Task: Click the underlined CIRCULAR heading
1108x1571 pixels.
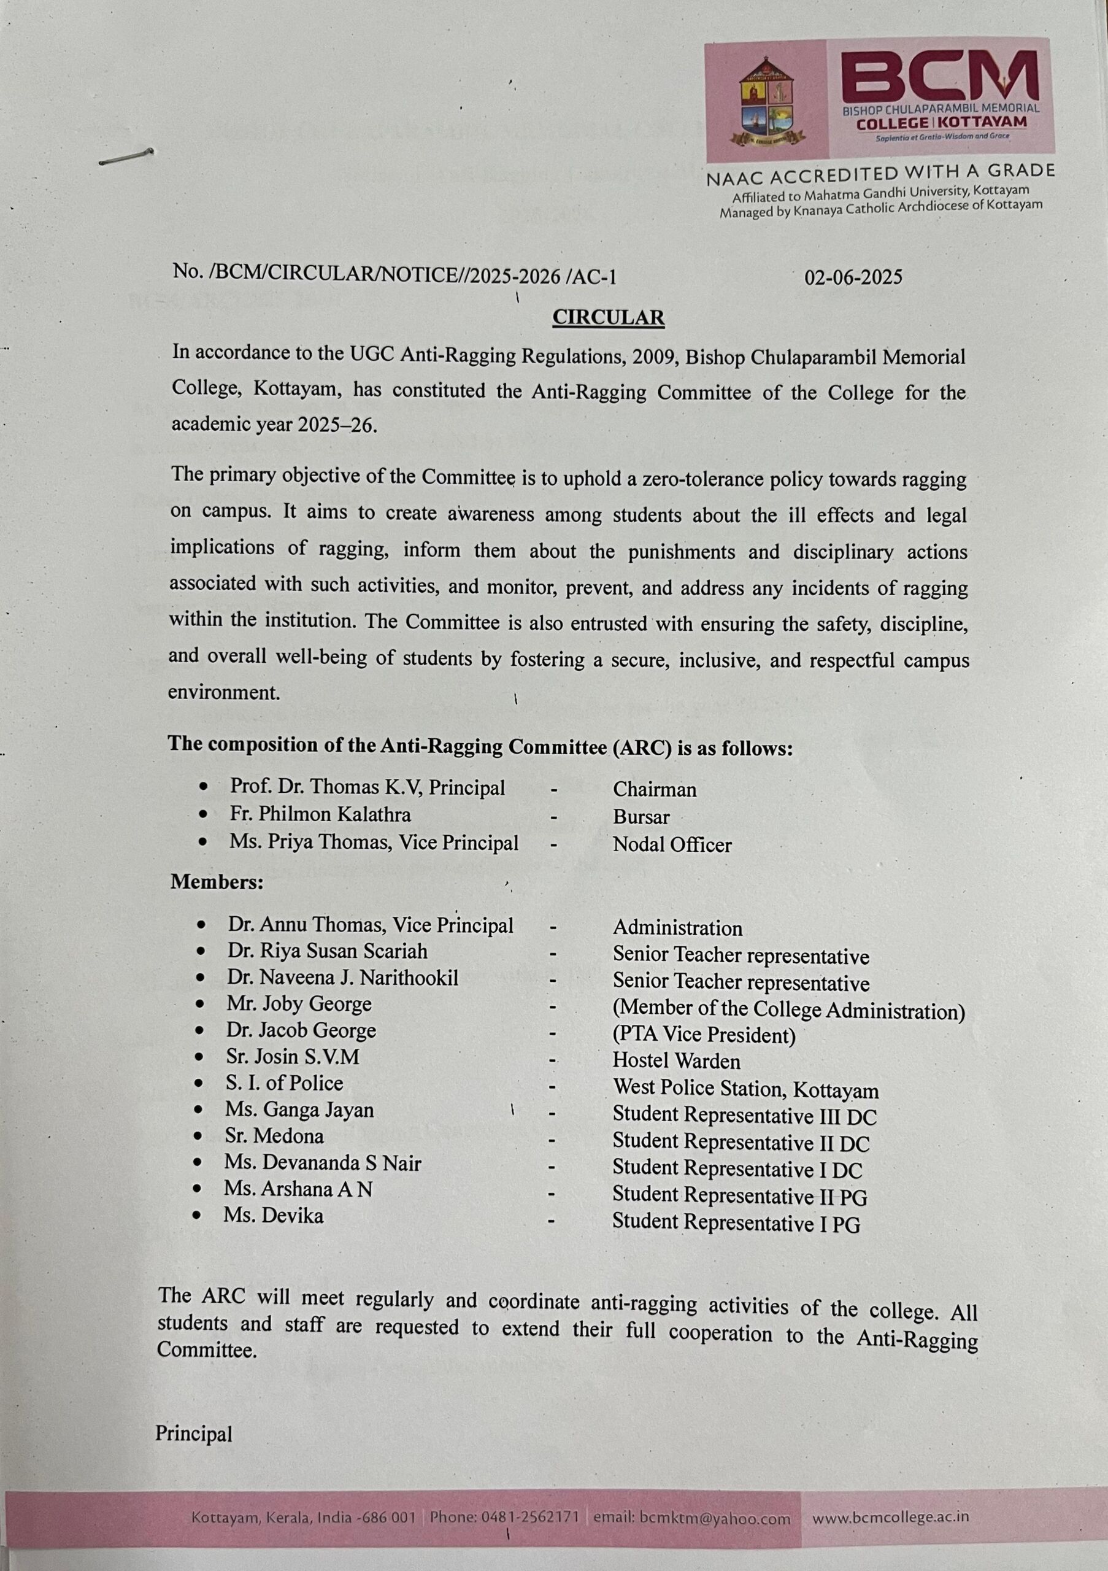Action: click(x=608, y=317)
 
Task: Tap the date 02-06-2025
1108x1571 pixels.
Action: click(x=853, y=277)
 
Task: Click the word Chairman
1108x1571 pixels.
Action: click(x=655, y=790)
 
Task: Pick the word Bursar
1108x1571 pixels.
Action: click(x=641, y=817)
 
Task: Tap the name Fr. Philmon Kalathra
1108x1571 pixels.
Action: click(x=320, y=815)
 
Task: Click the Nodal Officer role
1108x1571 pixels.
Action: click(x=672, y=845)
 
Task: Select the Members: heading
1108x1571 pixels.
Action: click(x=217, y=882)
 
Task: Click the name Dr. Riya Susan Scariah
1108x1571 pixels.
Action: click(x=328, y=951)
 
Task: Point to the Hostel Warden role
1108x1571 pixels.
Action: click(x=675, y=1061)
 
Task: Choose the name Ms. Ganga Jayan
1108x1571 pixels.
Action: click(x=299, y=1110)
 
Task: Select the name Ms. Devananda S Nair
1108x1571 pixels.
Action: click(x=322, y=1163)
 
